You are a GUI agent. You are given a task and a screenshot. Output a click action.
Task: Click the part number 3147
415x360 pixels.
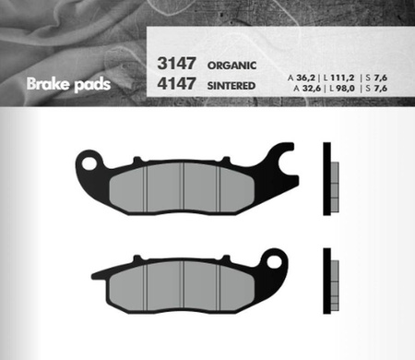pos(176,64)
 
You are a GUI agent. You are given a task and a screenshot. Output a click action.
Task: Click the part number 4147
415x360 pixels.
pos(176,84)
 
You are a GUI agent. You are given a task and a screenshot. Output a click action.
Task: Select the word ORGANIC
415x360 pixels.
pos(231,66)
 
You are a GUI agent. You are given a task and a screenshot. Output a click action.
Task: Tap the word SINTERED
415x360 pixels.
pos(231,86)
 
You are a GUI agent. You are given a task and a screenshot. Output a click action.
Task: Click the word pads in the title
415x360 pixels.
pos(92,85)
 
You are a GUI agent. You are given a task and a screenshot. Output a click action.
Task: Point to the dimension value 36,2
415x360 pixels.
pos(305,78)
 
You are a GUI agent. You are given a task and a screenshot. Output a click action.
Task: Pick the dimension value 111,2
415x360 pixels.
pos(342,78)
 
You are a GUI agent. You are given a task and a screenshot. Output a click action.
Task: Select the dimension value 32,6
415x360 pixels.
pos(312,89)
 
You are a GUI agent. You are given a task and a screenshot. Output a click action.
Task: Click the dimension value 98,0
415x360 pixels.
pos(345,89)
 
